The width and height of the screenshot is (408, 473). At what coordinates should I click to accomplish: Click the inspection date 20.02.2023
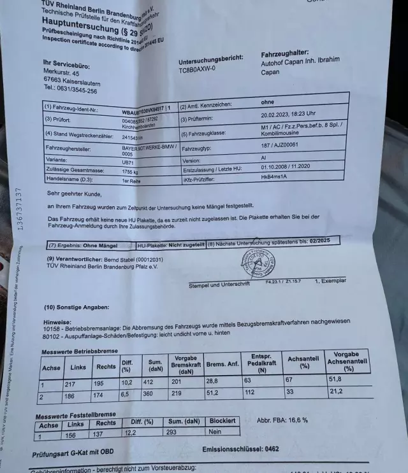[x=280, y=115]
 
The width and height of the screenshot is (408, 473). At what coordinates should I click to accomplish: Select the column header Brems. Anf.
[x=223, y=365]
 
